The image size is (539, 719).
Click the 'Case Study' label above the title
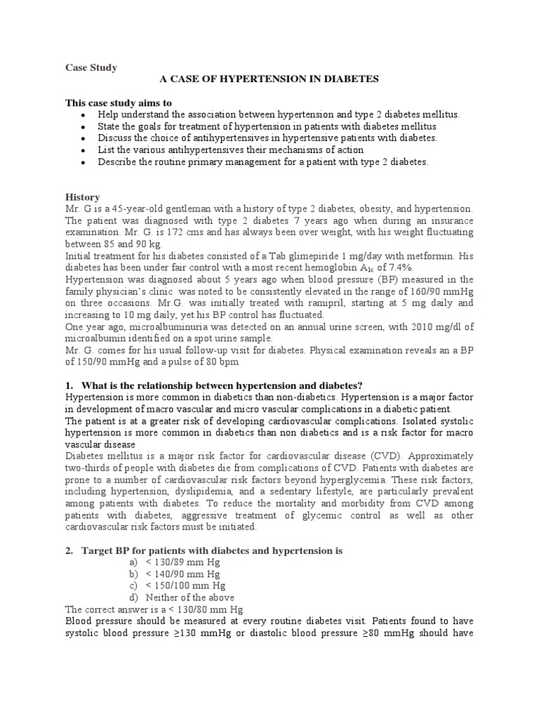click(x=91, y=67)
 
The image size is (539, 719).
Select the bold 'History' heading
click(x=82, y=197)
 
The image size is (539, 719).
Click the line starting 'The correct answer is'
click(x=154, y=609)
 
